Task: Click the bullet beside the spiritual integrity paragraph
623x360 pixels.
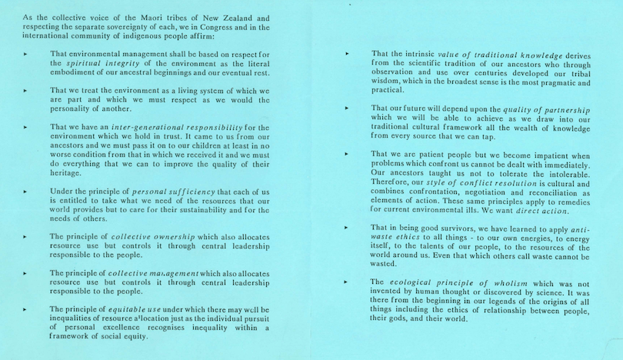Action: click(x=25, y=54)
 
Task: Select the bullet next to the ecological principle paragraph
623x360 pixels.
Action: click(x=348, y=282)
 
